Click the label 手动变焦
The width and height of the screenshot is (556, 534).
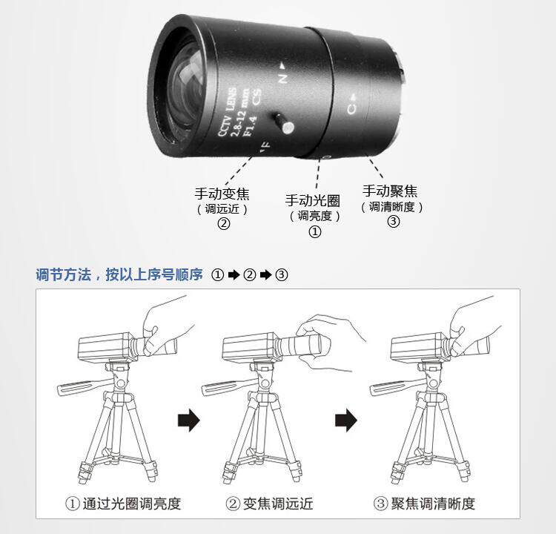[222, 194]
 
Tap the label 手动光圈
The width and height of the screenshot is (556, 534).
[313, 200]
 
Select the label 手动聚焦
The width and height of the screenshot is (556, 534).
[390, 191]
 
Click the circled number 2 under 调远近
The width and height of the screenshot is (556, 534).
[224, 223]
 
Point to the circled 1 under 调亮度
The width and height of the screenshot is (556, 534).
[315, 231]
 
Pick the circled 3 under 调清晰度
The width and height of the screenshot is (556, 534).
[393, 222]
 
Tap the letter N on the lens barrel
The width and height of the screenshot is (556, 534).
[282, 77]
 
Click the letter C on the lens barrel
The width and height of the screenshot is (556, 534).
[351, 108]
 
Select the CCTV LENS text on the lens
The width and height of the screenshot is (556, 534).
[227, 112]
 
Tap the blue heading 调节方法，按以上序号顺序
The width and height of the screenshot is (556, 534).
[119, 274]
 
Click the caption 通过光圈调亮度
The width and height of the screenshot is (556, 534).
[131, 504]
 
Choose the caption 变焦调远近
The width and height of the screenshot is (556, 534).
[278, 504]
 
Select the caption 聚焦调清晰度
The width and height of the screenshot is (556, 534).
[433, 504]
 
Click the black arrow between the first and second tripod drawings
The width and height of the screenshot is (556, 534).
[188, 420]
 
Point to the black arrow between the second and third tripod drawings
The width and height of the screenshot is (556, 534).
[345, 420]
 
